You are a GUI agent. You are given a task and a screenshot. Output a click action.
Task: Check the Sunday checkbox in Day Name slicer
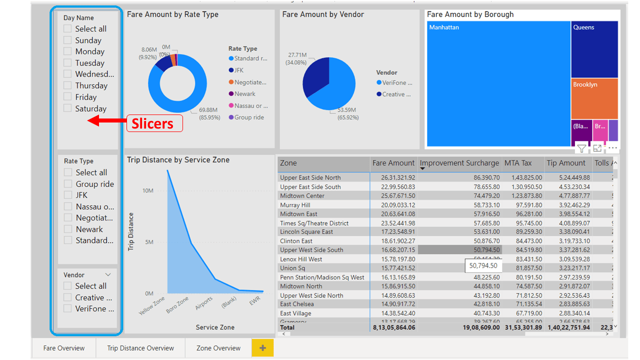coord(67,40)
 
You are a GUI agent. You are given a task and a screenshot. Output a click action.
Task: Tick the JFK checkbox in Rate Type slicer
coord(68,195)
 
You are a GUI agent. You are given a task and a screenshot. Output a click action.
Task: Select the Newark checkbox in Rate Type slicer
coord(68,229)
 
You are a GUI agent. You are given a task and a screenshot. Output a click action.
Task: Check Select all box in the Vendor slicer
coord(67,286)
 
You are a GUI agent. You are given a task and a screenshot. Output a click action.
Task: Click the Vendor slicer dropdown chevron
coord(108,275)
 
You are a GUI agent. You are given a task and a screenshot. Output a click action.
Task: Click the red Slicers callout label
coord(154,123)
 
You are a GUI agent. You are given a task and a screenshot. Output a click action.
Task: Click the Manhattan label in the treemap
coord(443,27)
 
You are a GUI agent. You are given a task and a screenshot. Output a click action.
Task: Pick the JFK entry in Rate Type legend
coord(238,70)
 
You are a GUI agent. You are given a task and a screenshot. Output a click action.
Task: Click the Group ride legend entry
coord(248,117)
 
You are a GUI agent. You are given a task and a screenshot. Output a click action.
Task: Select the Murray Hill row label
coord(295,205)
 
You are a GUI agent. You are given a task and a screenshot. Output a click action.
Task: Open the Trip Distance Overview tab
coord(140,348)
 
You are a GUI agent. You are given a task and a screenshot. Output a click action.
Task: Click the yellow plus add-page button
coord(262,348)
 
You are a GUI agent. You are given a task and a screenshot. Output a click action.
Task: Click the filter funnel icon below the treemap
coord(581,148)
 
